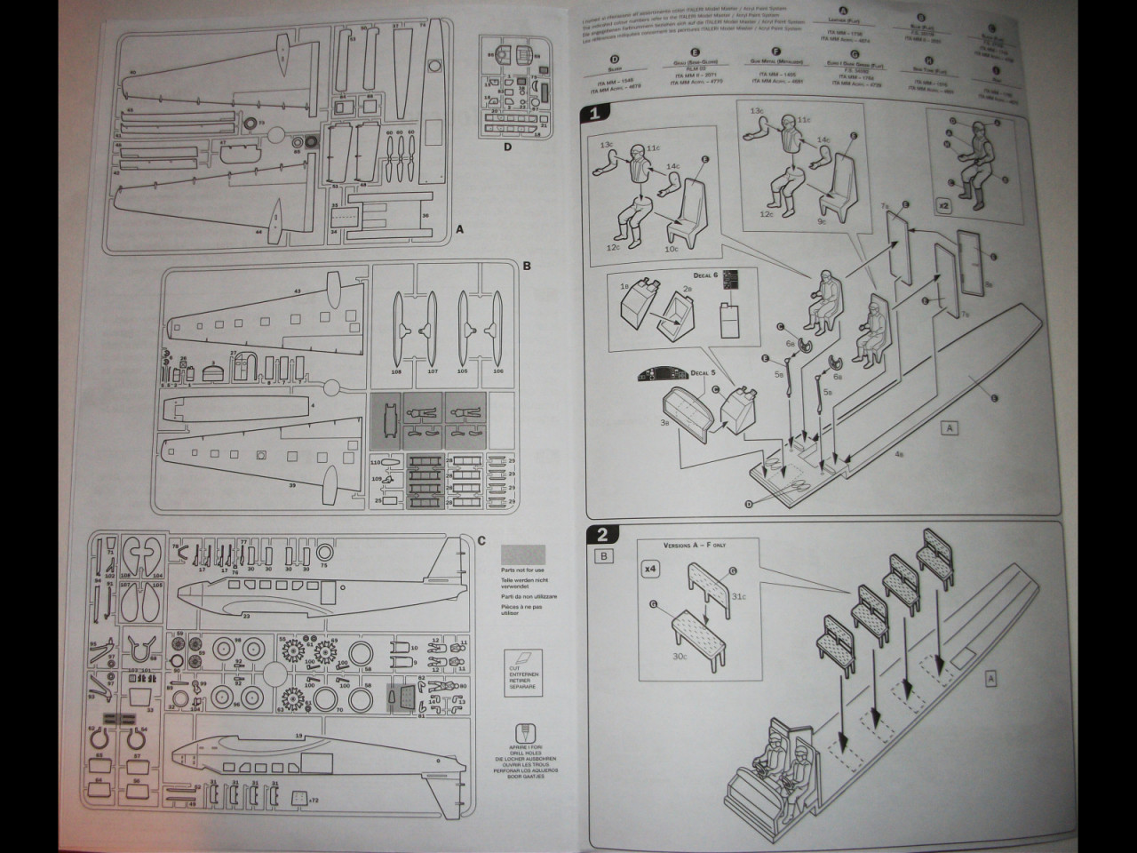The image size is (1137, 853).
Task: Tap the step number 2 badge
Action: pos(602,534)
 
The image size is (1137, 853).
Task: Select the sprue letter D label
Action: pos(507,147)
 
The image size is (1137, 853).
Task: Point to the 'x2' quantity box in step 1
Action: pos(944,203)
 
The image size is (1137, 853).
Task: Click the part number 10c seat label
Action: pos(671,250)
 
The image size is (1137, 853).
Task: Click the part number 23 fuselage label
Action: pos(245,614)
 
